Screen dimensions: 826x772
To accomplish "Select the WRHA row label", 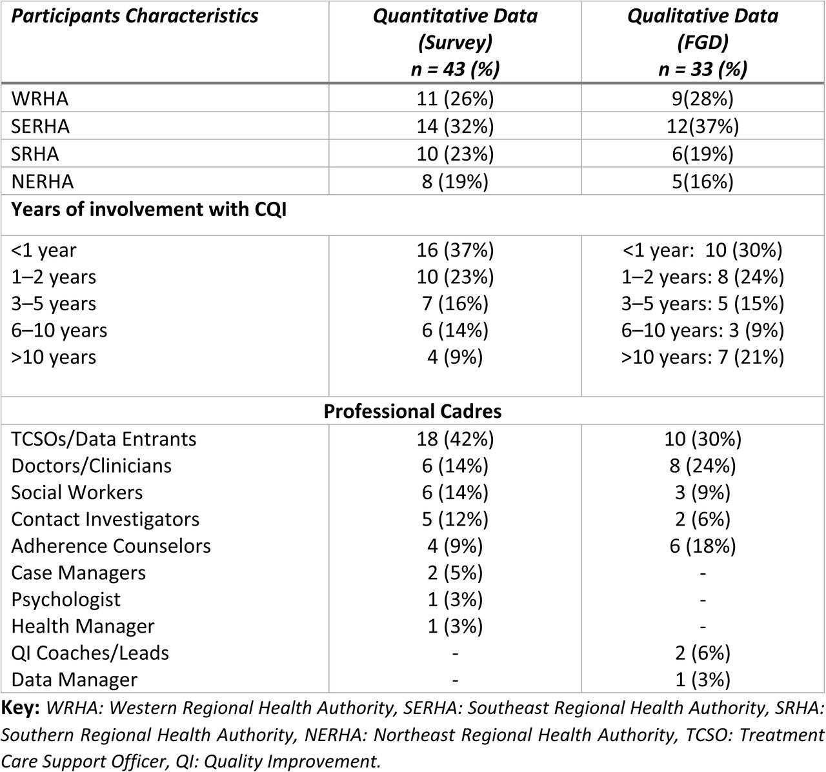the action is pos(39,99).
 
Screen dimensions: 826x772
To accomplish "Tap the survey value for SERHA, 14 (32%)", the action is pos(455,126).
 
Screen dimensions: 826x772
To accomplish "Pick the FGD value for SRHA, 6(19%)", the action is pos(703,153).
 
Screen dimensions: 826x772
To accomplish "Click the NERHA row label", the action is pos(43,182).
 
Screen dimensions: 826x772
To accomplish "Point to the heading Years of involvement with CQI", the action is pos(149,209).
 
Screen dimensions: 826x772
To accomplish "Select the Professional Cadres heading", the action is pos(412,411).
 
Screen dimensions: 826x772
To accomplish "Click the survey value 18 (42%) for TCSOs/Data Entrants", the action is pos(455,439).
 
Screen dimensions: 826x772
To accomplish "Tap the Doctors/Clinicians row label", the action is pos(91,466).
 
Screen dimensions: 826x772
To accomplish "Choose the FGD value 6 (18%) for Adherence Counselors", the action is pos(703,546).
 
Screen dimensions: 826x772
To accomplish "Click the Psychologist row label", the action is pos(66,599).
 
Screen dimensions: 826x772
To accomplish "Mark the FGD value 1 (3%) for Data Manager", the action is pos(703,680).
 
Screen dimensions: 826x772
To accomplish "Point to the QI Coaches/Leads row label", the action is pos(90,653).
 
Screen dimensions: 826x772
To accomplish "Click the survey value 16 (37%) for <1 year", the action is pos(455,250).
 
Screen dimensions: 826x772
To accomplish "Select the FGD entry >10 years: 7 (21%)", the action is pos(703,357).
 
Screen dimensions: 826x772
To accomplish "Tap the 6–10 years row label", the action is pos(59,330).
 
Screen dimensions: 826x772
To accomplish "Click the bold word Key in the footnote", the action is pos(20,708).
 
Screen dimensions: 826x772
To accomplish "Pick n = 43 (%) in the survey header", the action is pos(455,69).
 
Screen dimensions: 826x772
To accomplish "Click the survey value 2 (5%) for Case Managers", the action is pos(455,573).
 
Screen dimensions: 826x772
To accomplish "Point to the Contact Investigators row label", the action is pos(105,519).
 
